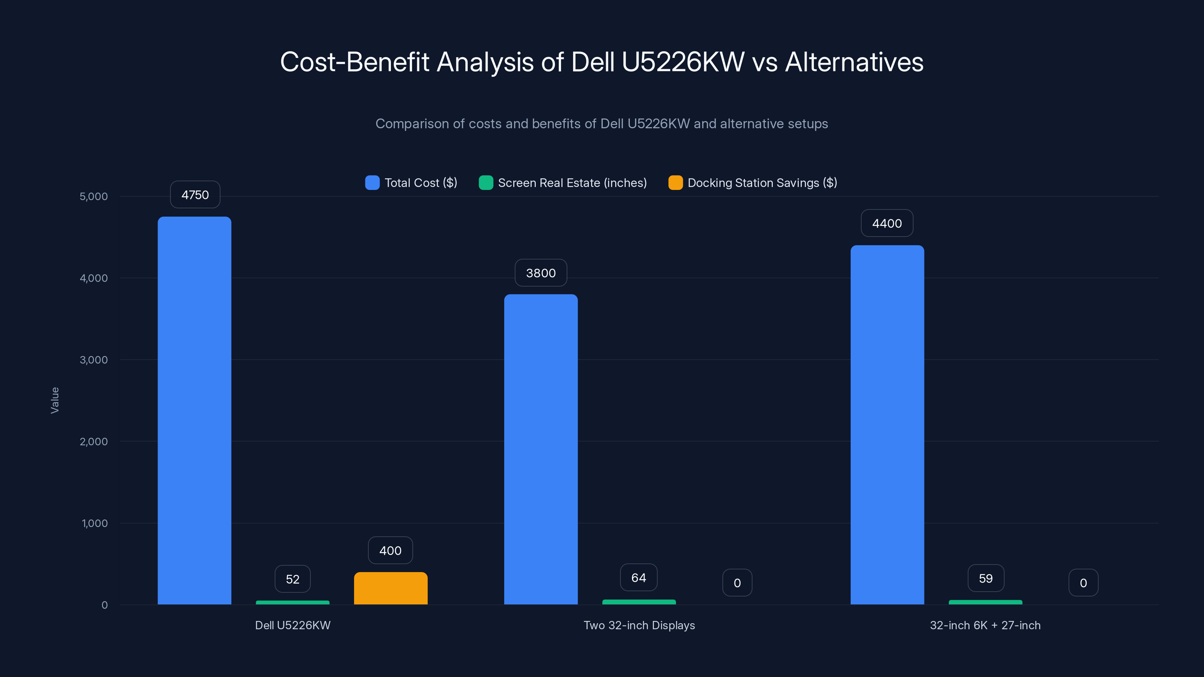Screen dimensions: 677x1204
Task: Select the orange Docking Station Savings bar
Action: [391, 588]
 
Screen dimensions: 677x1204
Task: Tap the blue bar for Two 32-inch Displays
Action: [541, 449]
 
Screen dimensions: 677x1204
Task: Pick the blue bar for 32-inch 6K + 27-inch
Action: [887, 425]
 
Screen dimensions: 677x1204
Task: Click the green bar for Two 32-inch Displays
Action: [639, 602]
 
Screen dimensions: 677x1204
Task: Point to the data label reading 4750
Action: [195, 195]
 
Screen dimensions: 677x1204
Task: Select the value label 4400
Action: [887, 223]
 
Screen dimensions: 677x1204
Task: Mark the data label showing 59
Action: [986, 578]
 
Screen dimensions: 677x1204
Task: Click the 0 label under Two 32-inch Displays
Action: [737, 583]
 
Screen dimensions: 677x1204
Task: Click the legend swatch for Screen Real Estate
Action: [486, 183]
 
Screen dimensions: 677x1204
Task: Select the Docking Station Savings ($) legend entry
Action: [762, 183]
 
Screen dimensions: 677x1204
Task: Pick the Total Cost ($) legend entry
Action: [420, 183]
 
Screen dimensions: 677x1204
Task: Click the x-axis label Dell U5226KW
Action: [293, 625]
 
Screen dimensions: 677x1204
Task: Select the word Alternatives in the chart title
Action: [854, 62]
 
